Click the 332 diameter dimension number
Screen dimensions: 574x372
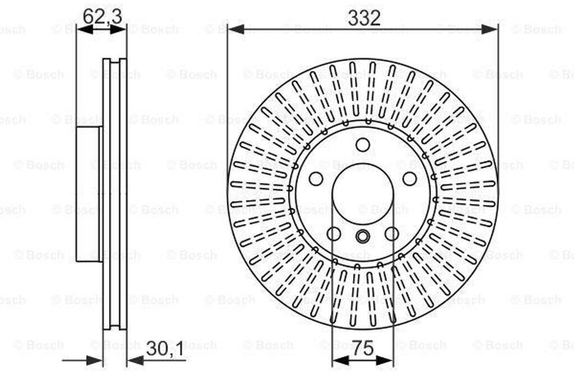click(364, 17)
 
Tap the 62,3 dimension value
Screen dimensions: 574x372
click(102, 16)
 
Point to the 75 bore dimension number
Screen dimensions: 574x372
click(363, 348)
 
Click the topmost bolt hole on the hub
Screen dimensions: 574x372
click(363, 145)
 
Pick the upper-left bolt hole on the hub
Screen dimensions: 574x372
click(316, 179)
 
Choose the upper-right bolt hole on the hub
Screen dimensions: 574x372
click(409, 179)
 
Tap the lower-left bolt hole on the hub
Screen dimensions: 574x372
click(334, 234)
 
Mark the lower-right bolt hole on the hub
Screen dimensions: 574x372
click(391, 234)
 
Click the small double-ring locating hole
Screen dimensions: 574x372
click(363, 236)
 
